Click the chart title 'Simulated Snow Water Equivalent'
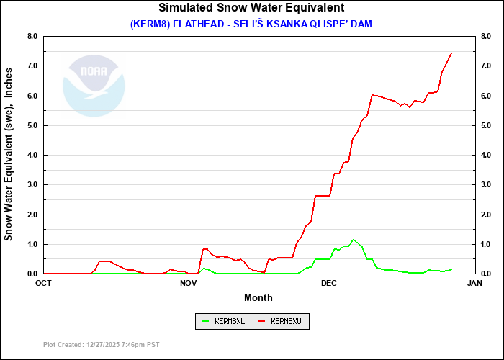click(x=251, y=8)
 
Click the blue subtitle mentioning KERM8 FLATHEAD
click(x=251, y=24)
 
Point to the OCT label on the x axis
click(x=44, y=283)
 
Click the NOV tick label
click(x=189, y=283)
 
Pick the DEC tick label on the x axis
click(x=329, y=283)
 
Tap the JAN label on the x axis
click(x=474, y=283)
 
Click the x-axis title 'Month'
click(x=258, y=297)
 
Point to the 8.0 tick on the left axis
click(x=32, y=36)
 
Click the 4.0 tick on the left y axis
click(x=32, y=155)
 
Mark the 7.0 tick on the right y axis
click(x=486, y=66)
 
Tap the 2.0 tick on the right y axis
click(x=486, y=215)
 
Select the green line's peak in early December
click(x=353, y=240)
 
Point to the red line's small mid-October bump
click(x=104, y=261)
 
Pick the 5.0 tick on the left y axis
click(x=32, y=125)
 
